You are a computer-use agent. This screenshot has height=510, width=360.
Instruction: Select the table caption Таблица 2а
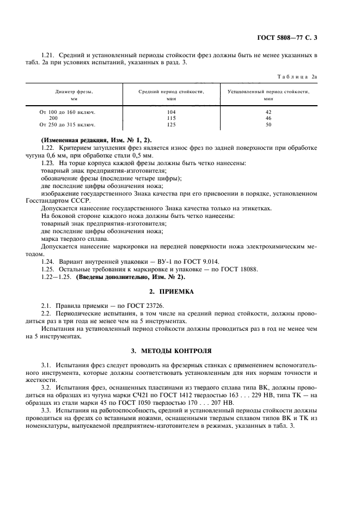[x=297, y=77]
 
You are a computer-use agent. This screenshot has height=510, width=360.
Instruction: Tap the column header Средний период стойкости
[x=170, y=95]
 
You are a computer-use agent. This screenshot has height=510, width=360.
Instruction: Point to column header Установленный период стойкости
[x=268, y=95]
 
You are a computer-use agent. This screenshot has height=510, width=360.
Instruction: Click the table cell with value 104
[x=170, y=112]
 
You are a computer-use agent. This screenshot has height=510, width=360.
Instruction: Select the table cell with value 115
[x=170, y=118]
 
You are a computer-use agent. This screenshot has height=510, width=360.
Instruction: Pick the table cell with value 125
[x=170, y=124]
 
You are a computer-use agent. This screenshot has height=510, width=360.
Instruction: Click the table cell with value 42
[x=268, y=112]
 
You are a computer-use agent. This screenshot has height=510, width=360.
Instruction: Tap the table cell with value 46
[x=268, y=118]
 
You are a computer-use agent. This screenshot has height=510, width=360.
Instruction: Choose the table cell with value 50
[x=268, y=124]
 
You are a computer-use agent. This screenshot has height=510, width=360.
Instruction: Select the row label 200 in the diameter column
[x=53, y=118]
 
